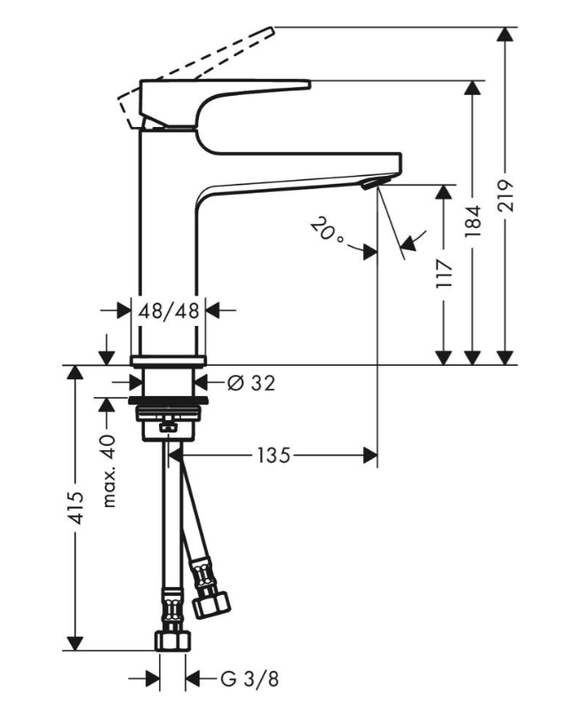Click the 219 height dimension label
click(506, 195)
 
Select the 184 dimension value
click(473, 221)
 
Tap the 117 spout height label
click(445, 274)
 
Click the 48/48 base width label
click(169, 311)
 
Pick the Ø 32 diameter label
click(251, 383)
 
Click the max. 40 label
click(108, 471)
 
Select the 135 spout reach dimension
click(274, 456)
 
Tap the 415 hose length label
click(75, 508)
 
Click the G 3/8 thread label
click(250, 678)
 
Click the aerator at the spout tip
click(371, 182)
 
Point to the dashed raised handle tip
click(271, 30)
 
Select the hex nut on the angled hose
click(211, 606)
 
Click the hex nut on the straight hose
click(172, 640)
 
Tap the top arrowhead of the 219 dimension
click(506, 35)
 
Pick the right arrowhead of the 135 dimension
click(369, 456)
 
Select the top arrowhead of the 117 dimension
click(445, 192)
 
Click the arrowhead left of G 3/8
click(152, 678)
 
